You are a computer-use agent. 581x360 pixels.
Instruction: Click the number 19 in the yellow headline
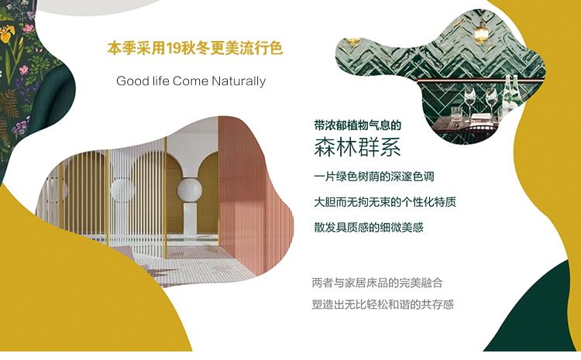pyautogui.click(x=173, y=48)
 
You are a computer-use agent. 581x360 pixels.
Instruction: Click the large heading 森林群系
pyautogui.click(x=357, y=147)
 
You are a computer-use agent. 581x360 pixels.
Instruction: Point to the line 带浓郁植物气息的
pyautogui.click(x=358, y=125)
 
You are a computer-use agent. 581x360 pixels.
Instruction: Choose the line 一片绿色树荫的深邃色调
pyautogui.click(x=374, y=177)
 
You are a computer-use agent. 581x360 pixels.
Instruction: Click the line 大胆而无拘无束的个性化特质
pyautogui.click(x=385, y=202)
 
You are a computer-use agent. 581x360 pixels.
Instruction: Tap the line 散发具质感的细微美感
pyautogui.click(x=369, y=227)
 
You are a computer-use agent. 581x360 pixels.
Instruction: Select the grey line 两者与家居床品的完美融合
pyautogui.click(x=377, y=283)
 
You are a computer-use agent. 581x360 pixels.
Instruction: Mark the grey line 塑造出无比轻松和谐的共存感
pyautogui.click(x=383, y=304)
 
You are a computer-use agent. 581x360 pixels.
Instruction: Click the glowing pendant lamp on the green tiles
pyautogui.click(x=480, y=33)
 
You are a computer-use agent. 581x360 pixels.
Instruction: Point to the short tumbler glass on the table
pyautogui.click(x=456, y=113)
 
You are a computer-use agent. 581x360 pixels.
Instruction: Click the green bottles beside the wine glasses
pyautogui.click(x=511, y=93)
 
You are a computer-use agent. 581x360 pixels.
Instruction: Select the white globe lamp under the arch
pyautogui.click(x=190, y=190)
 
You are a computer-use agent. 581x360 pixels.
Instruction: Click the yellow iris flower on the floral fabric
pyautogui.click(x=8, y=34)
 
